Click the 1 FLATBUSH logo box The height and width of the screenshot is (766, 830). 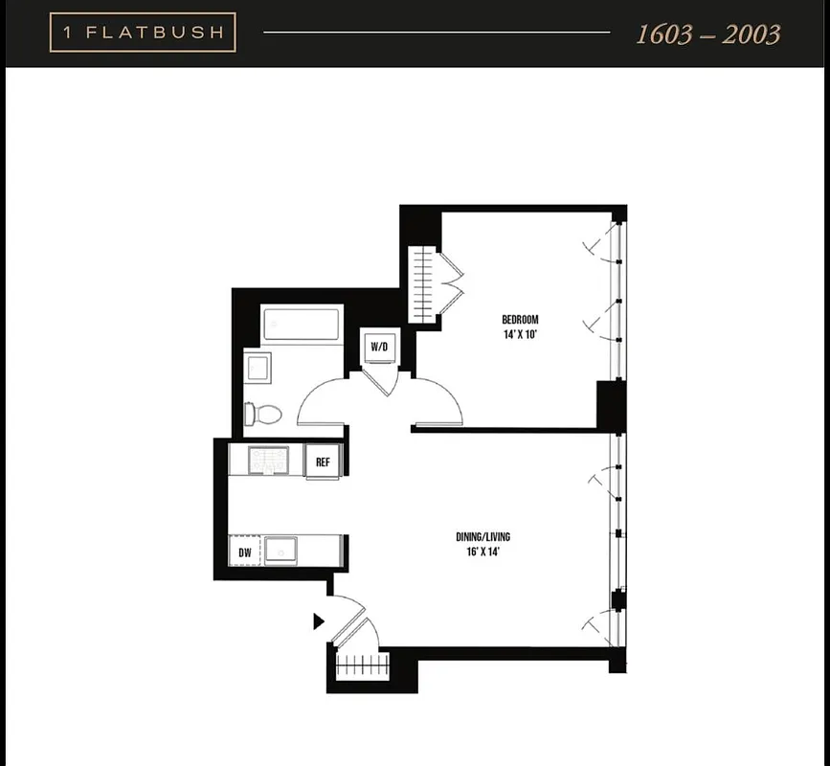click(143, 33)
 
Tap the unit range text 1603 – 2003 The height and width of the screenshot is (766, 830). click(708, 34)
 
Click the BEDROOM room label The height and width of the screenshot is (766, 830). click(521, 320)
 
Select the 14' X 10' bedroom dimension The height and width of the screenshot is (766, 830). click(521, 335)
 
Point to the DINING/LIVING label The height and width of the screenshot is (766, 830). click(483, 537)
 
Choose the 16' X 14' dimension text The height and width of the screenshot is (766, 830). click(483, 552)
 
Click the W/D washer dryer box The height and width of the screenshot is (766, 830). click(379, 347)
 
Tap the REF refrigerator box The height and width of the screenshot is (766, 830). click(324, 462)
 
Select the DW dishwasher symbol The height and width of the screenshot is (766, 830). click(244, 552)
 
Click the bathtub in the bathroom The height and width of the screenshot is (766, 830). click(302, 325)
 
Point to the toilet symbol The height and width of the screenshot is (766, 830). click(262, 415)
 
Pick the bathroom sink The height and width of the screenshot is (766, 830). click(258, 368)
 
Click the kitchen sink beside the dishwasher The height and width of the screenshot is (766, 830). click(280, 551)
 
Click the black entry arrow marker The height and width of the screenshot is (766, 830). click(319, 621)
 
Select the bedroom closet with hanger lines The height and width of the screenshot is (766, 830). click(422, 284)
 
